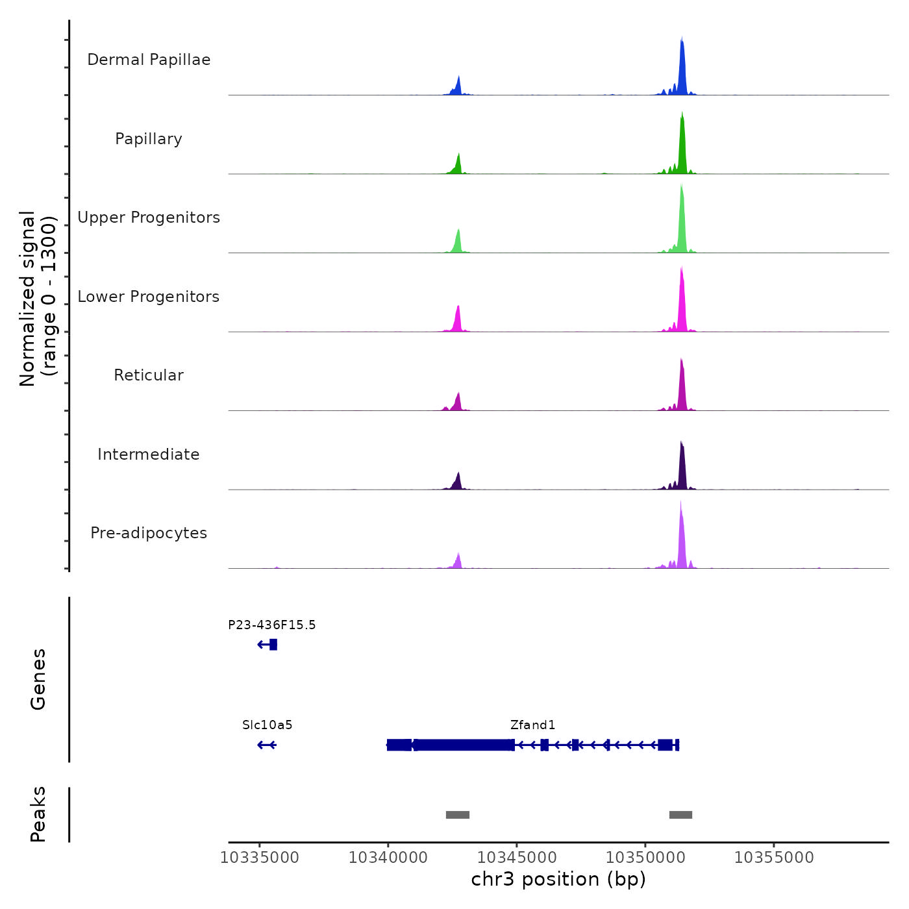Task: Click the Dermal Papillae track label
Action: (149, 60)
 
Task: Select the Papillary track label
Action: (149, 139)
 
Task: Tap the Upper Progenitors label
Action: (149, 218)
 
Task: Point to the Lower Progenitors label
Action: (149, 297)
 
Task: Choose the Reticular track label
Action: (149, 375)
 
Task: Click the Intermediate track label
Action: (149, 454)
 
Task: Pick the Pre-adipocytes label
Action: (149, 533)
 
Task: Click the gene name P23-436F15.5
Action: (272, 625)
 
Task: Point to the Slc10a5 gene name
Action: (268, 725)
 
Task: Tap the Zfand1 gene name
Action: (532, 725)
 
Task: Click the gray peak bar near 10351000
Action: (680, 815)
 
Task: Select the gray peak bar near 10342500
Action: (458, 815)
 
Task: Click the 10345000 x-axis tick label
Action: (517, 858)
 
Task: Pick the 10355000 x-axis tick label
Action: (774, 858)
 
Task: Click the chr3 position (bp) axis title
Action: (558, 879)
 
